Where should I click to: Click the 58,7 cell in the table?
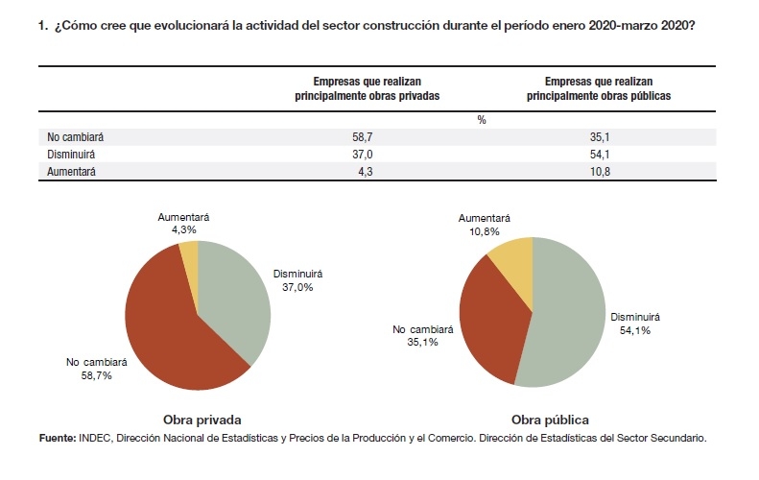pos(362,137)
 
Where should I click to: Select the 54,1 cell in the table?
pos(600,155)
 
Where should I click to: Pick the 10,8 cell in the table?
pos(600,172)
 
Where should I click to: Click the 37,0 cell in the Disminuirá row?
pos(362,155)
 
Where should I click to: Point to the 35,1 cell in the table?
pos(600,137)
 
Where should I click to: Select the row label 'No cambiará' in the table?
pos(75,137)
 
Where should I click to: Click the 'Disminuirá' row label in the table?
pos(71,155)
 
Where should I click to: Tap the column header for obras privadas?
pos(367,88)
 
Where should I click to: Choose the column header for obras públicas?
pos(599,88)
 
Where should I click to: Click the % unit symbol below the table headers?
pos(481,120)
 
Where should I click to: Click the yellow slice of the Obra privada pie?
pos(190,261)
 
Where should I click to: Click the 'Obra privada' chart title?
pos(202,420)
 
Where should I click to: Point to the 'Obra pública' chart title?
pos(550,420)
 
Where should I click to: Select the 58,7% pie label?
pos(96,375)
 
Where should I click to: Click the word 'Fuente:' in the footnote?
pos(58,438)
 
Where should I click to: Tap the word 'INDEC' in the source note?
pos(95,438)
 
